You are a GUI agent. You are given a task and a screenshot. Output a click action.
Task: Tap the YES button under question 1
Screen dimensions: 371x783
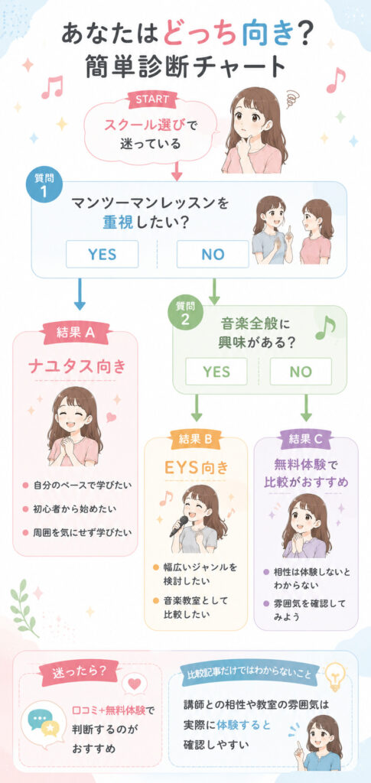(103, 254)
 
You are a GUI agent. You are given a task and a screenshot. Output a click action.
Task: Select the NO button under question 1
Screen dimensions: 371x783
(213, 254)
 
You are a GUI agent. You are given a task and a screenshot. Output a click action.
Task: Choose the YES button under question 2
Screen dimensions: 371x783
(216, 372)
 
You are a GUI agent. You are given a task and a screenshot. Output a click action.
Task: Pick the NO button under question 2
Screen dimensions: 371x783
(301, 372)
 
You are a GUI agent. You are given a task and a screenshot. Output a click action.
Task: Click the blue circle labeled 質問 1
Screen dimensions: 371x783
(44, 187)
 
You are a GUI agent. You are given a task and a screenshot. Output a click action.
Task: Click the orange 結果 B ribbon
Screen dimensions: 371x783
(195, 439)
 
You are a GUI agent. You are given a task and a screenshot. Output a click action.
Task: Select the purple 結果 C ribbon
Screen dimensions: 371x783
(306, 439)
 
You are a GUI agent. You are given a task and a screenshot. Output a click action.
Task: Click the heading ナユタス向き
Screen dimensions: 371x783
(75, 368)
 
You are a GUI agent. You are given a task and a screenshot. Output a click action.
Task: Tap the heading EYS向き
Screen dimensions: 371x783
(196, 468)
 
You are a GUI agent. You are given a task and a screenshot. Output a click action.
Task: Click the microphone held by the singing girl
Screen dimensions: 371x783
(179, 526)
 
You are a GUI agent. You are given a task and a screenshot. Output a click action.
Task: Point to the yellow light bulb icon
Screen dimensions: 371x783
(335, 674)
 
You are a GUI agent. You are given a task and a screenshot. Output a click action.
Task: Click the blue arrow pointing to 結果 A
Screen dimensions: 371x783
(80, 294)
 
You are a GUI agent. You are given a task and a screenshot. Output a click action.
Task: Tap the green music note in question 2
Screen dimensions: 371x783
(325, 327)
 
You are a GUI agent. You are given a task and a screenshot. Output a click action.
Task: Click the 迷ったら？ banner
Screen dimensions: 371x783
(79, 672)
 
